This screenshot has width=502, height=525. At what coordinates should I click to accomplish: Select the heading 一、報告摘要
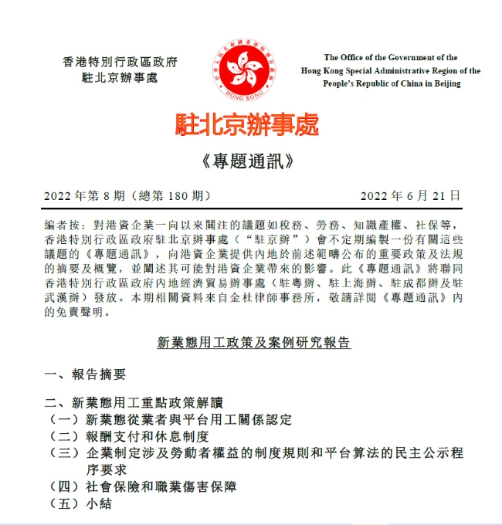(x=85, y=374)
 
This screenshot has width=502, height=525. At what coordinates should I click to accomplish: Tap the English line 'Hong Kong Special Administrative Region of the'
(x=391, y=70)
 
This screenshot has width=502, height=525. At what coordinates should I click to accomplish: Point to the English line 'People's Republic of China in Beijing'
(x=391, y=83)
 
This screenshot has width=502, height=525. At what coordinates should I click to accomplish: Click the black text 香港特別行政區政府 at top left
(x=120, y=61)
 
